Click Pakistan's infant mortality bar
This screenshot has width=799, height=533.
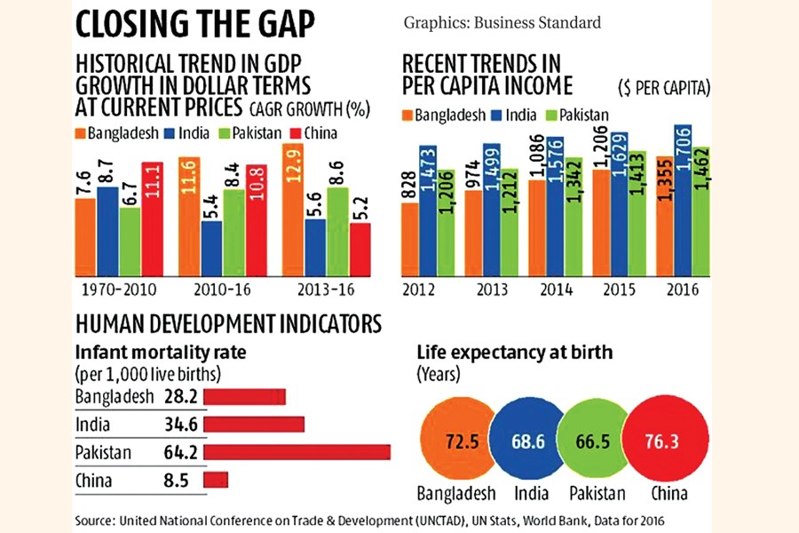point(297,453)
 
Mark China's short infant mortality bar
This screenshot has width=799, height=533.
point(216,480)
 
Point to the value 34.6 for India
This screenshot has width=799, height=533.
point(181,425)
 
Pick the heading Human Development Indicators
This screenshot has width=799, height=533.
point(229,322)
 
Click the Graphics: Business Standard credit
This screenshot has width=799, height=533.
point(502,21)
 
